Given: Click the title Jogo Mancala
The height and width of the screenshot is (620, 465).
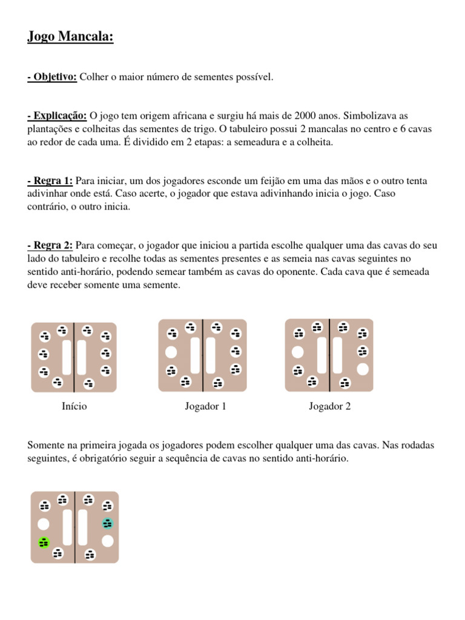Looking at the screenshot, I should (70, 38).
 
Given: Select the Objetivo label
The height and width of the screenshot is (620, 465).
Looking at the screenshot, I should (53, 77).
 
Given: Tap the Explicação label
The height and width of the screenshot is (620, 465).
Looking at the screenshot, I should (58, 116).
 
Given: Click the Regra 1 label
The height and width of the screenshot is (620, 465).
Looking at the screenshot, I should (50, 180).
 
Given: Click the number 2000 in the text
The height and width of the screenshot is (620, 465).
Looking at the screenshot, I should (306, 116).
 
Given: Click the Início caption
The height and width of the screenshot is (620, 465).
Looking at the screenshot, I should (74, 406).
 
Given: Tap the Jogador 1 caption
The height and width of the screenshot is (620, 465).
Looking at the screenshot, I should (205, 406).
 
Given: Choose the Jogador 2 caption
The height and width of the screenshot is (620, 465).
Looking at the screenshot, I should (329, 406).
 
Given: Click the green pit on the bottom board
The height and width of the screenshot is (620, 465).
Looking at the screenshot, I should (44, 542).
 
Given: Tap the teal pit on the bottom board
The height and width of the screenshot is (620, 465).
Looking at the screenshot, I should (108, 524).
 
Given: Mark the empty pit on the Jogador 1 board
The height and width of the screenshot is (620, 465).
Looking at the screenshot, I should (171, 352).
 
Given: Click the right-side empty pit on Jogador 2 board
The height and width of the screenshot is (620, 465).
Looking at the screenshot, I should (362, 368).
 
